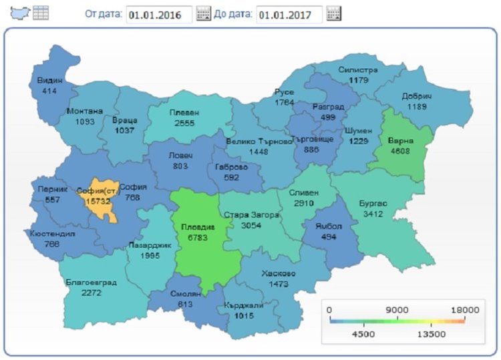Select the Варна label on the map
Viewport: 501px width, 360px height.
(401, 141)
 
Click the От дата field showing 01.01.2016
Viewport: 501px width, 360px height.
(159, 14)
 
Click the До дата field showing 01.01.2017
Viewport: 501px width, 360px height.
(289, 14)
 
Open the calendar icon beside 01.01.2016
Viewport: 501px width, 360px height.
(204, 14)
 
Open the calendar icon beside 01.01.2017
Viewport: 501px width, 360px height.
(334, 14)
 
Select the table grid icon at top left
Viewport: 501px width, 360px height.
(41, 13)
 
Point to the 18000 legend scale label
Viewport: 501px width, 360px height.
(465, 309)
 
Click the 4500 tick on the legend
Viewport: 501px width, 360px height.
(363, 333)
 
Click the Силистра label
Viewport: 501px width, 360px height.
(358, 70)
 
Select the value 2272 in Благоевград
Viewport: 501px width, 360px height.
(91, 293)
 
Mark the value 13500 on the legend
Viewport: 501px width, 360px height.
(432, 333)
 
